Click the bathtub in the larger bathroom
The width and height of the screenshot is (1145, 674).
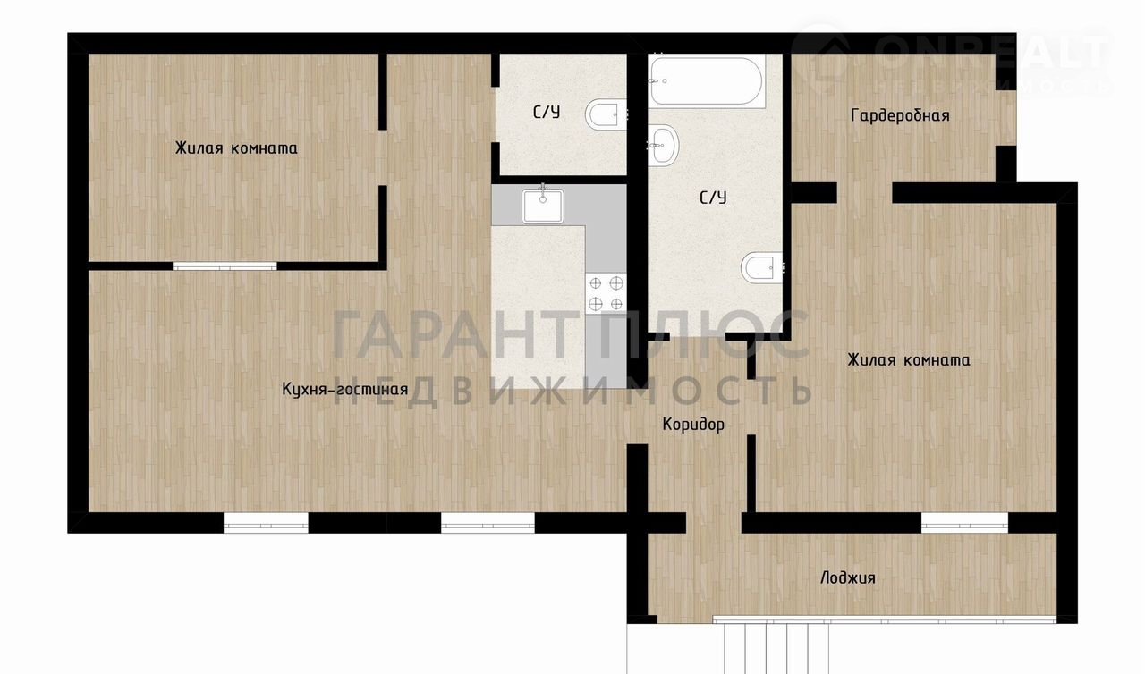[707, 80]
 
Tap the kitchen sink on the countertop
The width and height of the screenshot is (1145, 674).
[543, 206]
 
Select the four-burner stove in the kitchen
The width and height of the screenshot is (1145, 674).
[606, 293]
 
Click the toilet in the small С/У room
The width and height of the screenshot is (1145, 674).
[606, 114]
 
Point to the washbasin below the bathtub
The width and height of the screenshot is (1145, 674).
[664, 145]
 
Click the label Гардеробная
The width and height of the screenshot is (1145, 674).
[900, 116]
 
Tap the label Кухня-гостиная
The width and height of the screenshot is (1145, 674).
[345, 390]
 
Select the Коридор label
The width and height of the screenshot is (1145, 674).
[693, 425]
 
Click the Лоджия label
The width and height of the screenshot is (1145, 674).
[847, 578]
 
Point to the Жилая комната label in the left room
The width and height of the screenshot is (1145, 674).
[236, 148]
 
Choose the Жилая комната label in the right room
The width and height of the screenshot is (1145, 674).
[909, 360]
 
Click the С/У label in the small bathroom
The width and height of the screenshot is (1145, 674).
[547, 113]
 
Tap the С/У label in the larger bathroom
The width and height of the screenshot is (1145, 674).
[713, 198]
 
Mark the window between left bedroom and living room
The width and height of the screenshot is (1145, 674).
[225, 266]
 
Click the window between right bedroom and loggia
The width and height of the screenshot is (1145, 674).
[964, 523]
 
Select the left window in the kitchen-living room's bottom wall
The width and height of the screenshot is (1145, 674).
[266, 523]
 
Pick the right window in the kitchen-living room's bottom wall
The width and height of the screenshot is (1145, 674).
[488, 523]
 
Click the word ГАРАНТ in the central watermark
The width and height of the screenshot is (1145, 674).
[453, 335]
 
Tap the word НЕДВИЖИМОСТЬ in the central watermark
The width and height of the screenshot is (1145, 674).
[572, 392]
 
